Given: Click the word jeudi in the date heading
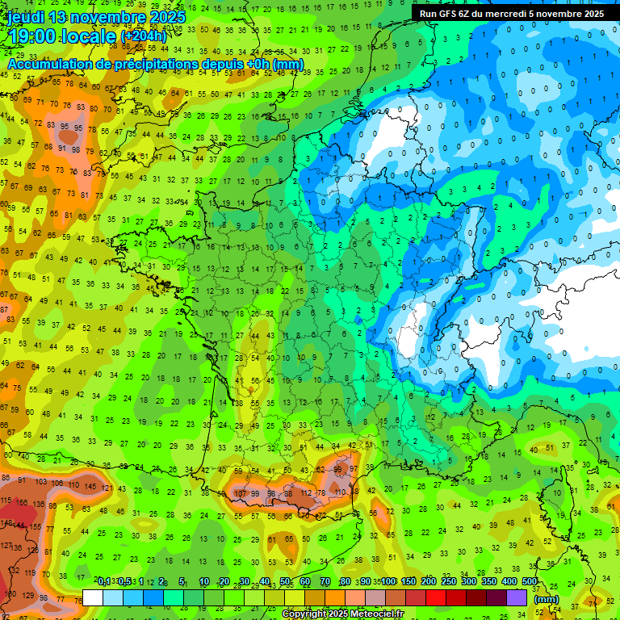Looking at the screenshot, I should (x=27, y=17).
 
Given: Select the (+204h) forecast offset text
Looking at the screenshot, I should (x=145, y=37).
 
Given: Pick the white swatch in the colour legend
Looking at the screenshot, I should (x=93, y=597).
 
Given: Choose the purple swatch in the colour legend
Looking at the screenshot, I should (x=517, y=597).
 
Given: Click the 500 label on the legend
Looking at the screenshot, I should (x=529, y=582).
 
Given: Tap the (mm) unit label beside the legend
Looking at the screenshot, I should (x=547, y=600).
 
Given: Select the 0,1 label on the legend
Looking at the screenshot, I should (x=104, y=582).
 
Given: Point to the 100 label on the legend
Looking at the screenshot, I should (x=388, y=582).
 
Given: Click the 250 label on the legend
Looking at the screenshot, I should (x=448, y=582).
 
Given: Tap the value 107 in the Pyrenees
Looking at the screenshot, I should (x=240, y=493).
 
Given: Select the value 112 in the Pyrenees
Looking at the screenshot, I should (x=306, y=493).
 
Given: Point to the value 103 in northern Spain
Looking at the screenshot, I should (x=40, y=482).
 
